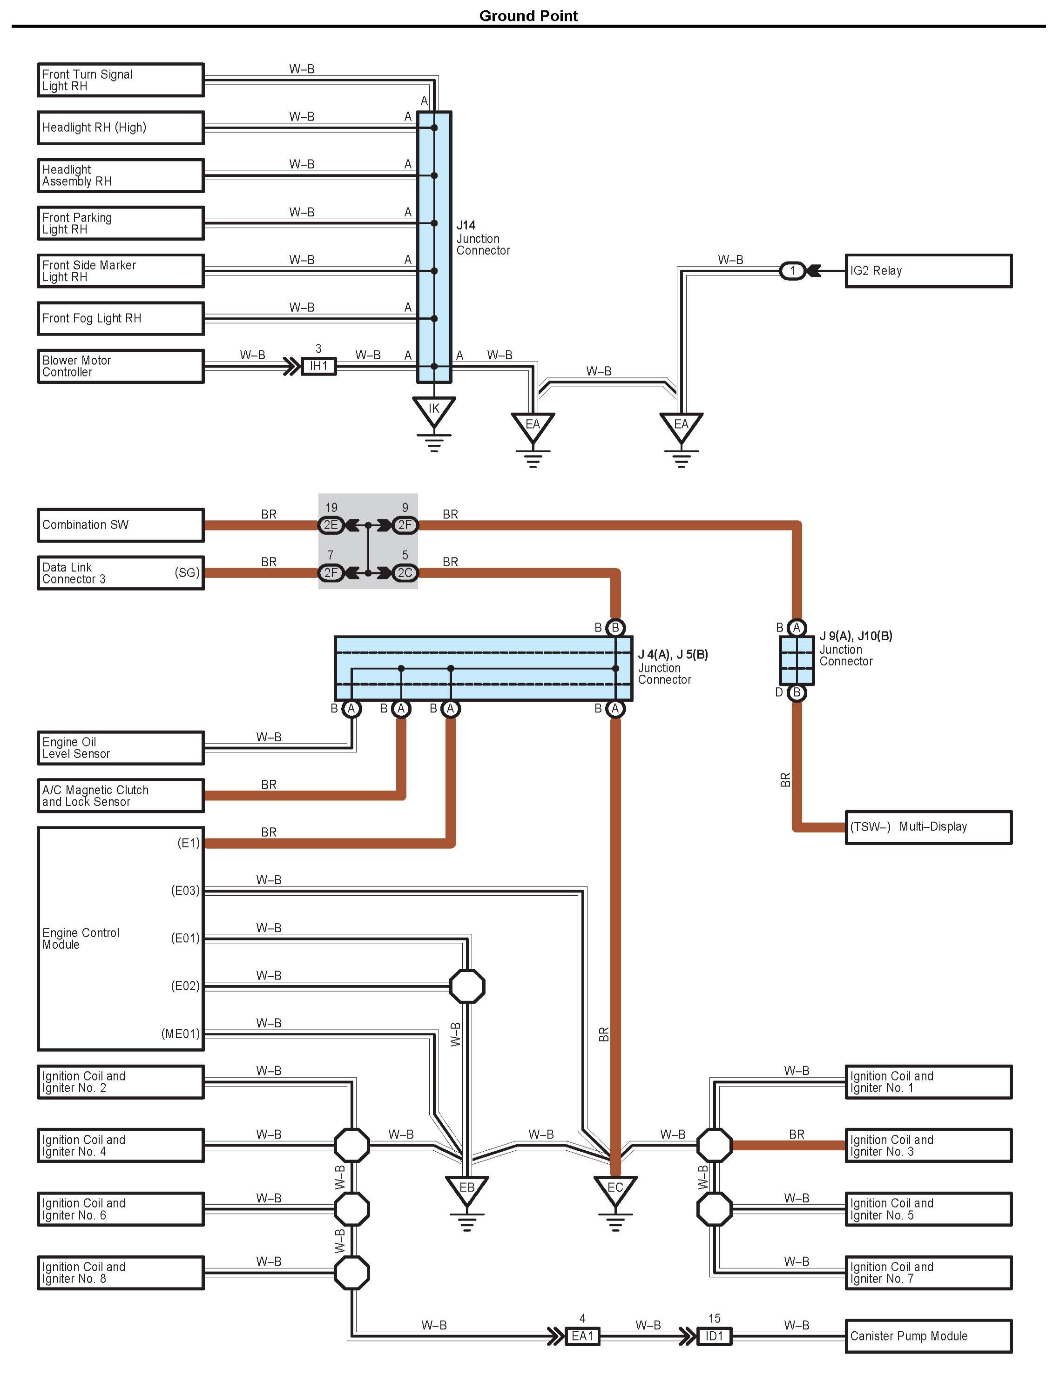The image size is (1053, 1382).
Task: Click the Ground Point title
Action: pos(528,16)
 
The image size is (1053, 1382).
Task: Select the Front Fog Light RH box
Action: pos(121,318)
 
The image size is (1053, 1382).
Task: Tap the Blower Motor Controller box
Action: pos(121,366)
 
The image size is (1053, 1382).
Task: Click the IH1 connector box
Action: pos(318,366)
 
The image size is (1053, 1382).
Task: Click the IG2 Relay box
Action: pos(928,271)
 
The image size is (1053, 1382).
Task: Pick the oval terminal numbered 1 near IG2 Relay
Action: pos(792,271)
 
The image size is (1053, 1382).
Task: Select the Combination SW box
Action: pos(121,525)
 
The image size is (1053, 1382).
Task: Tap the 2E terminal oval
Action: pos(331,525)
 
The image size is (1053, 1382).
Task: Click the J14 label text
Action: pos(466,225)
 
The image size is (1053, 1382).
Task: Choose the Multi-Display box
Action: pos(928,827)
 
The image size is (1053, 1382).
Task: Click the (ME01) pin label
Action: pos(181,1033)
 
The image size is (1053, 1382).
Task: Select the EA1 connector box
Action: pos(582,1336)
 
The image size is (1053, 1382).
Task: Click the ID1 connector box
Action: pos(715,1336)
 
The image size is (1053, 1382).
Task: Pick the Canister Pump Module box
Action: pos(928,1336)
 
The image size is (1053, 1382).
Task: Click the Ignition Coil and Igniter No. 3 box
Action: pos(928,1145)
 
